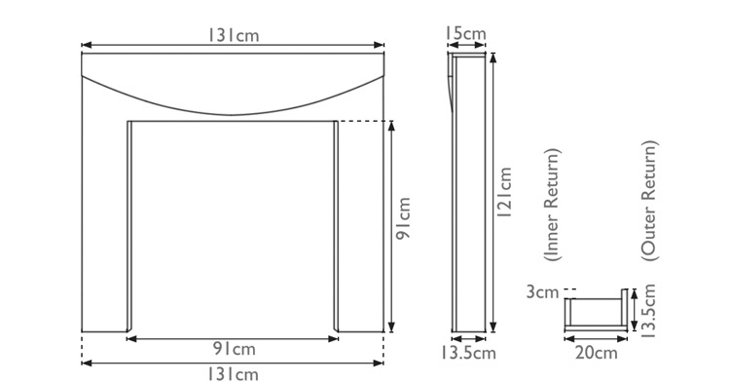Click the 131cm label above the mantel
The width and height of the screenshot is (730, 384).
coord(231,35)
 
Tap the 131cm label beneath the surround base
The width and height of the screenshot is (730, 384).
coord(232,374)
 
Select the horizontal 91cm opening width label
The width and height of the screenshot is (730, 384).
coord(232,350)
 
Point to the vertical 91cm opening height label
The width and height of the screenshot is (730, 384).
coord(404,226)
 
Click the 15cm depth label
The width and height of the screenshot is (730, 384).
coord(466,34)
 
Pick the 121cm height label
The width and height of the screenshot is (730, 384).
coord(505,195)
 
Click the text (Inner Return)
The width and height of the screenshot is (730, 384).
coord(552,207)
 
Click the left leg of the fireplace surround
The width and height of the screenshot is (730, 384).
coord(104,224)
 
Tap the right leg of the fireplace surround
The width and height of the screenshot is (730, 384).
coord(359,224)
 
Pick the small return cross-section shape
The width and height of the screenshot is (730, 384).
coord(595,314)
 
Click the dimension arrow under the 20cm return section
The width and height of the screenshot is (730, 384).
coord(595,339)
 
